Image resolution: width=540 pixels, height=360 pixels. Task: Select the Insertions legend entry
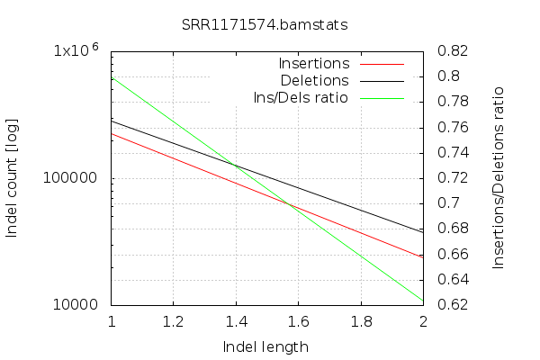point(314,64)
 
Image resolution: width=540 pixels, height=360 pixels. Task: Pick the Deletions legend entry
point(314,80)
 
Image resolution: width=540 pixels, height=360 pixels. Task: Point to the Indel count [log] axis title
point(13,176)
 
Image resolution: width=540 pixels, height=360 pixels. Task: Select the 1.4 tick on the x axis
point(236,320)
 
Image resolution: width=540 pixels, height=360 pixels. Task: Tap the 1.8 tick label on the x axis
point(360,320)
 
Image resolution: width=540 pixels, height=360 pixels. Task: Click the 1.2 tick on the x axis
point(174,320)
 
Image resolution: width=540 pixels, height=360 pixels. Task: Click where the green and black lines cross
point(236,166)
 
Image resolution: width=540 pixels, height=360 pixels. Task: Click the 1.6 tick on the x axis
point(298,320)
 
